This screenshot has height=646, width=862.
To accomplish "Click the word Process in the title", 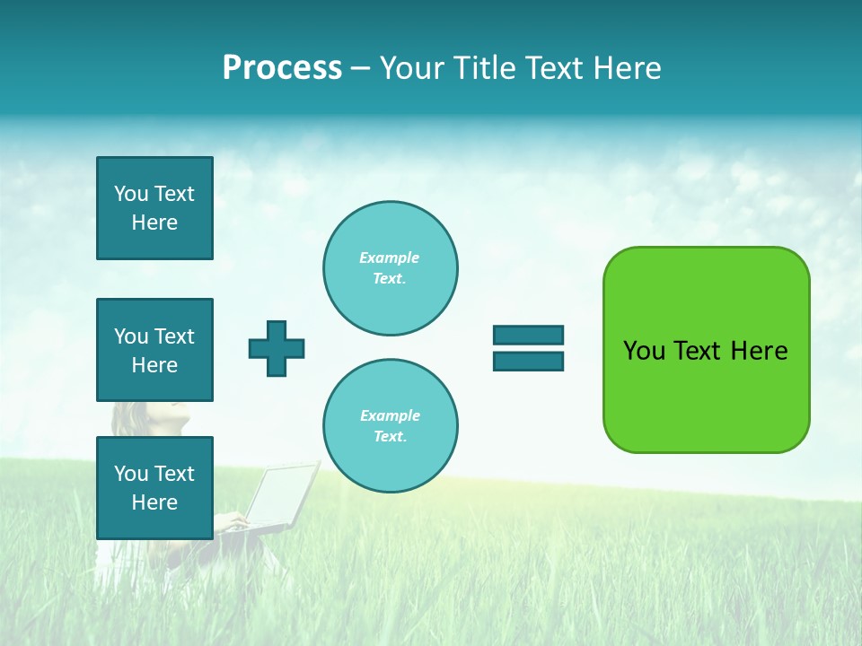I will coord(282,68).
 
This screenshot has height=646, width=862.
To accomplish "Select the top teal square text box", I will coord(154,208).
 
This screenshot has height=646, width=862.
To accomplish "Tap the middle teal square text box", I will coord(154,350).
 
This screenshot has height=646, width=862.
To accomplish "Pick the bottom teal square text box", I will coord(154,488).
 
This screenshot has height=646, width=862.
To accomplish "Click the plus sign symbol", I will coord(277,348).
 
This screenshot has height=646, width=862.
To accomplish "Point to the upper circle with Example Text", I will coord(391,267).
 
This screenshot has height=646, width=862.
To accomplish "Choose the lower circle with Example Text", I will coord(391,425).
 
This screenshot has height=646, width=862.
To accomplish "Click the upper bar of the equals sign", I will coord(528,336).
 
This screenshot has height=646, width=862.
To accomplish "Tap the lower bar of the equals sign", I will coord(528,361).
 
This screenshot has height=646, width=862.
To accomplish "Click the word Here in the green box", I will coord(759,351).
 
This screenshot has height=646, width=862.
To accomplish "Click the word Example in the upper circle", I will coord(389,258).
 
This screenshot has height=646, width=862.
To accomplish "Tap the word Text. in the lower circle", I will coord(390,436).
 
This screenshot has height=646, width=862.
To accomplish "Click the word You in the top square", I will coord(131,194).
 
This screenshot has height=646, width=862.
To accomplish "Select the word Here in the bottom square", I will coord(154,502).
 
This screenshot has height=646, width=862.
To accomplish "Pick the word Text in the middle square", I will coord(173,336).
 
